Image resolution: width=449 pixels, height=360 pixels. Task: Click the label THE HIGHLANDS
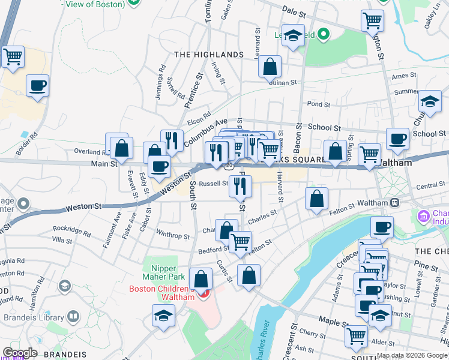click(209, 55)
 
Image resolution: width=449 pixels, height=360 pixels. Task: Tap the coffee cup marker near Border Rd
click(38, 86)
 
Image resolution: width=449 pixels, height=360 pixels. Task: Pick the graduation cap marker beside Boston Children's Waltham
click(163, 316)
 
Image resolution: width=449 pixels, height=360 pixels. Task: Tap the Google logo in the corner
click(20, 353)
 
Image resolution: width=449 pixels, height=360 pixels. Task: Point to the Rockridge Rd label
click(71, 228)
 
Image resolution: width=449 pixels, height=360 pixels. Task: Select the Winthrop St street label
click(173, 236)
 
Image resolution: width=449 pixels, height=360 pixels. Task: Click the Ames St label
click(403, 76)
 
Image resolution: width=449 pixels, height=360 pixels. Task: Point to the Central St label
click(430, 186)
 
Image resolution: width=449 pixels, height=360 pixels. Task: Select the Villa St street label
click(62, 241)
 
